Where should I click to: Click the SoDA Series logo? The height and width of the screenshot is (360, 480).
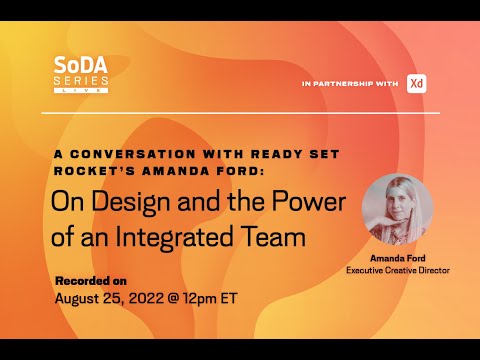81,75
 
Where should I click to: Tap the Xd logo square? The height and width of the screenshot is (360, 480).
417,83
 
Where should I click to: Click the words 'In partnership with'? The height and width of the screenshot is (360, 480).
350,84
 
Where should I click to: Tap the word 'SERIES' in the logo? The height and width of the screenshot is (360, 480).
81,81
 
